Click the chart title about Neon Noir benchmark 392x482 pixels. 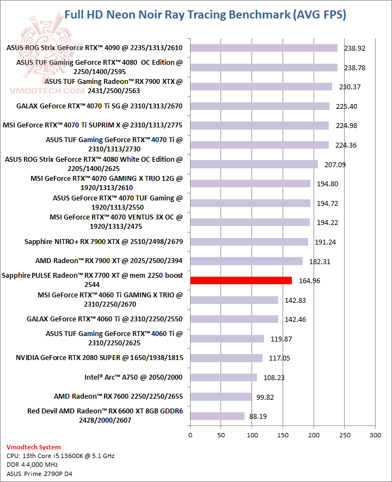pyautogui.click(x=205, y=15)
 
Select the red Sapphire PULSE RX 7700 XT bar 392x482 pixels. pyautogui.click(x=241, y=280)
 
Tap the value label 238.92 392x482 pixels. pyautogui.click(x=354, y=48)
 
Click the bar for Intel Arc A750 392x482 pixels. pyautogui.click(x=223, y=377)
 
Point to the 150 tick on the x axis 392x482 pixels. pyautogui.click(x=283, y=435)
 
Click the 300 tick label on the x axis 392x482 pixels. pyautogui.click(x=375, y=435)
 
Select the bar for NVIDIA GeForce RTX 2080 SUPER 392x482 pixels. pyautogui.click(x=226, y=358)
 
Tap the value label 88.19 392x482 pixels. pyautogui.click(x=258, y=416)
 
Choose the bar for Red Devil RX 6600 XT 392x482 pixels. pyautogui.click(x=217, y=416)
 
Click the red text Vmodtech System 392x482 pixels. pyautogui.click(x=34, y=447)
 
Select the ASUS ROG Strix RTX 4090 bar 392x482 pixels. pyautogui.click(x=264, y=48)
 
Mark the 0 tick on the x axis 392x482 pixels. pyautogui.click(x=190, y=435)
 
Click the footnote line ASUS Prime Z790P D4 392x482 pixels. pyautogui.click(x=39, y=474)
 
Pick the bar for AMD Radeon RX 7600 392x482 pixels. pyautogui.click(x=221, y=396)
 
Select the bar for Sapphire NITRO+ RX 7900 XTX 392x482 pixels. pyautogui.click(x=249, y=242)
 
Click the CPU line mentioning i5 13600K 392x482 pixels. pyautogui.click(x=60, y=456)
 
